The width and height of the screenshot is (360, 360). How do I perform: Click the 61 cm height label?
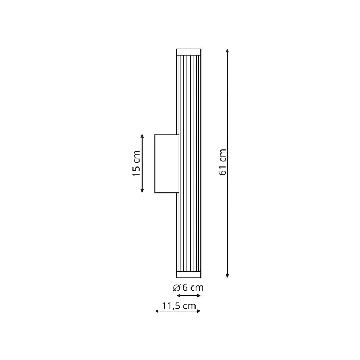[x=223, y=162]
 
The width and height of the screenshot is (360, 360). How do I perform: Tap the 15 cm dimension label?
[x=136, y=164]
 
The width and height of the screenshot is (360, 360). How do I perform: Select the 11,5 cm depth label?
[x=179, y=306]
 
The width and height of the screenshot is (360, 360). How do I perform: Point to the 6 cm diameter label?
[x=193, y=288]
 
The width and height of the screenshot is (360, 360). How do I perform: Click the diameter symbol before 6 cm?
[x=176, y=288]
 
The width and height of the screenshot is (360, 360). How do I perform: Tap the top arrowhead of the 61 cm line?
[x=228, y=51]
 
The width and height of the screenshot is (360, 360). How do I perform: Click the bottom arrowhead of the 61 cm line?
[x=228, y=276]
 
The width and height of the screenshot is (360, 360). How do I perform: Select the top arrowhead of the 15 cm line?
[x=142, y=136]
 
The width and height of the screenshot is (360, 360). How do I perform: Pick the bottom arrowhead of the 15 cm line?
[x=142, y=191]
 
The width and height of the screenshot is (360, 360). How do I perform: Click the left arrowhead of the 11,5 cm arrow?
[x=157, y=311]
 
